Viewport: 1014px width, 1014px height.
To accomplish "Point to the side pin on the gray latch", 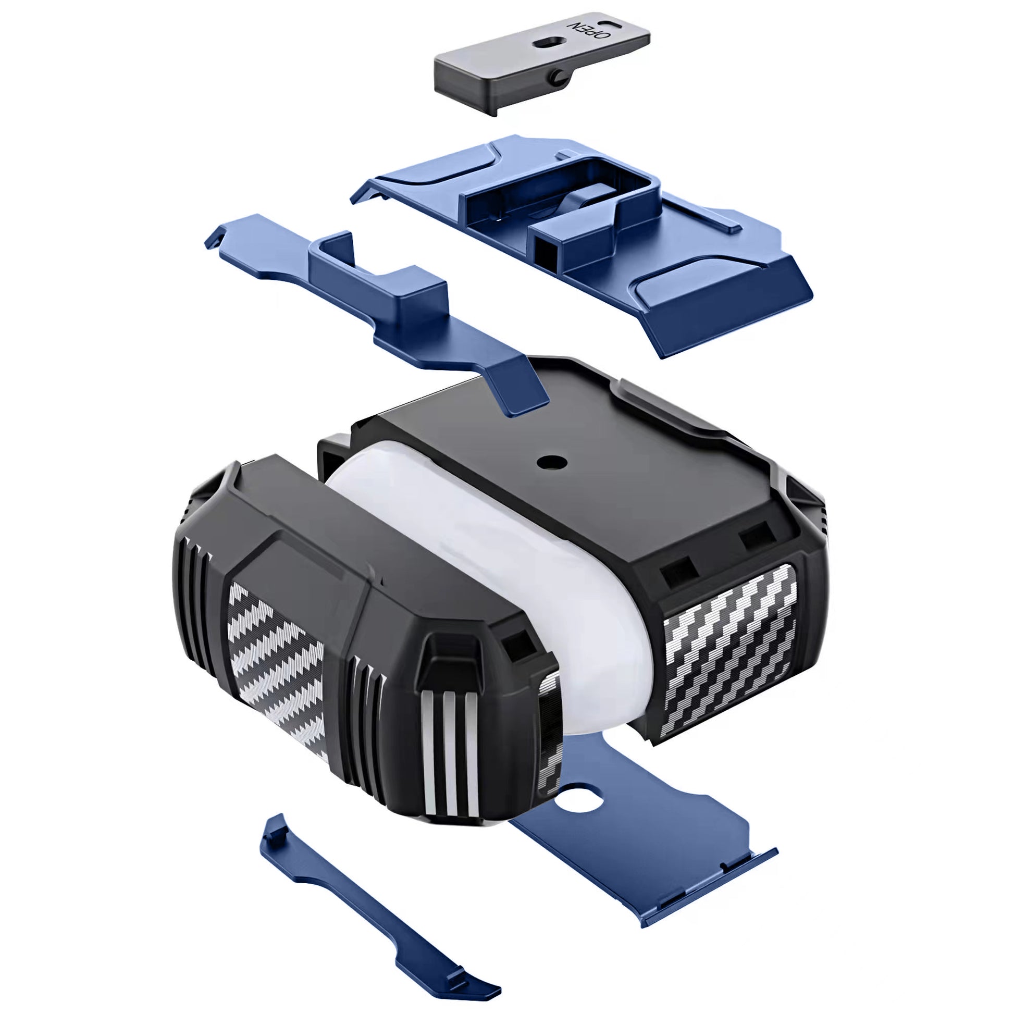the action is (x=557, y=77).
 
